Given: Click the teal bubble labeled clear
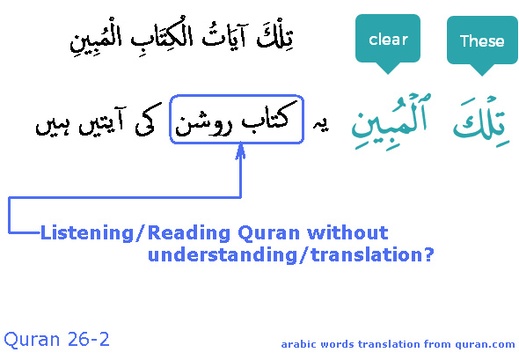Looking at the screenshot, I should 388,41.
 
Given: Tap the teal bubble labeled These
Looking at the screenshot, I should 481,41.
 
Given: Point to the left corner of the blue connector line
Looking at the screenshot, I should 10,201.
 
